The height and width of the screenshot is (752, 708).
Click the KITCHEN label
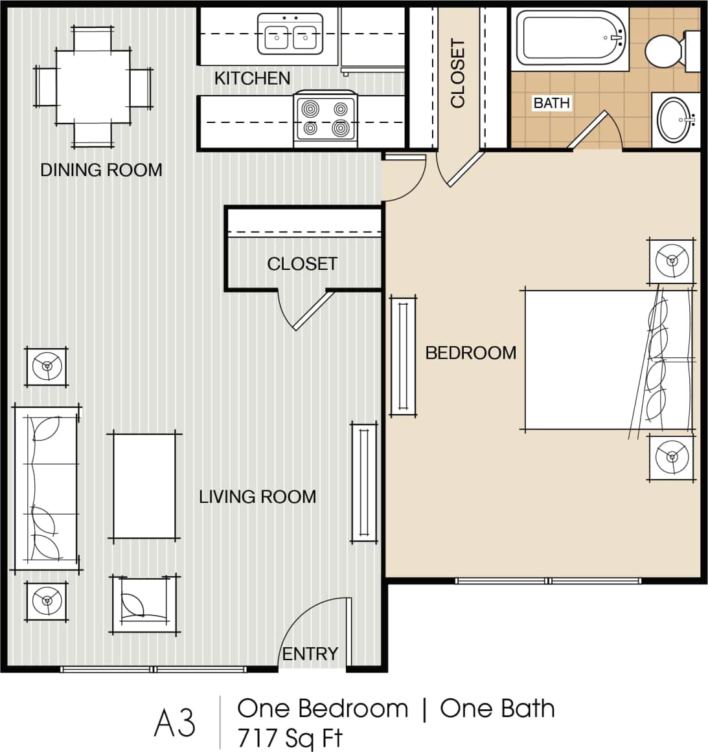click(x=252, y=78)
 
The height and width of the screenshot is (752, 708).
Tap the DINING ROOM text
click(x=101, y=170)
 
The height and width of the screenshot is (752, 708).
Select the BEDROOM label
click(x=471, y=353)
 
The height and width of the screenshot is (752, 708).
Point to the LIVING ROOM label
click(x=257, y=497)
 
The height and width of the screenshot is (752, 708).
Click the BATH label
click(x=551, y=103)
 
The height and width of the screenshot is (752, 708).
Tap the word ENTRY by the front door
click(x=310, y=654)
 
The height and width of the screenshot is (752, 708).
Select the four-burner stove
click(x=325, y=119)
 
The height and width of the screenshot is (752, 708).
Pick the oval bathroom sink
click(x=676, y=119)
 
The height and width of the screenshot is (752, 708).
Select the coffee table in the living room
click(x=144, y=486)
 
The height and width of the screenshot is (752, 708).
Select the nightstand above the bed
click(x=672, y=261)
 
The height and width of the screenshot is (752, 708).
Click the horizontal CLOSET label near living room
click(x=302, y=264)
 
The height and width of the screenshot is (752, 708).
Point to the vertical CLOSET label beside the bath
click(x=458, y=73)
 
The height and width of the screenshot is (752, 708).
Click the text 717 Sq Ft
click(x=290, y=738)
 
